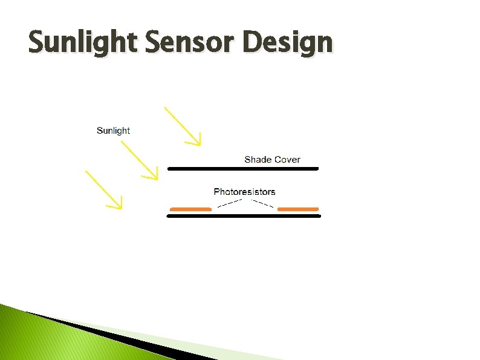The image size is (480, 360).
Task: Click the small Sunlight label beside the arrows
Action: [113, 131]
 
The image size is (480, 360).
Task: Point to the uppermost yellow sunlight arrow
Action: [181, 125]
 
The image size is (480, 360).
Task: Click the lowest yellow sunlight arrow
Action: [103, 189]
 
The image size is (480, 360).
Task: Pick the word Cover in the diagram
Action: [287, 160]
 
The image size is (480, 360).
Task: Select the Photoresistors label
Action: [244, 192]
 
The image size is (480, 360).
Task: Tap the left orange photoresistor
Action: [191, 209]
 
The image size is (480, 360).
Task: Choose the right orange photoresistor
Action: [298, 209]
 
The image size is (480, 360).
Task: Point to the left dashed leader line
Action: [230, 203]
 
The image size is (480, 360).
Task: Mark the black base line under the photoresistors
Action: [243, 215]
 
